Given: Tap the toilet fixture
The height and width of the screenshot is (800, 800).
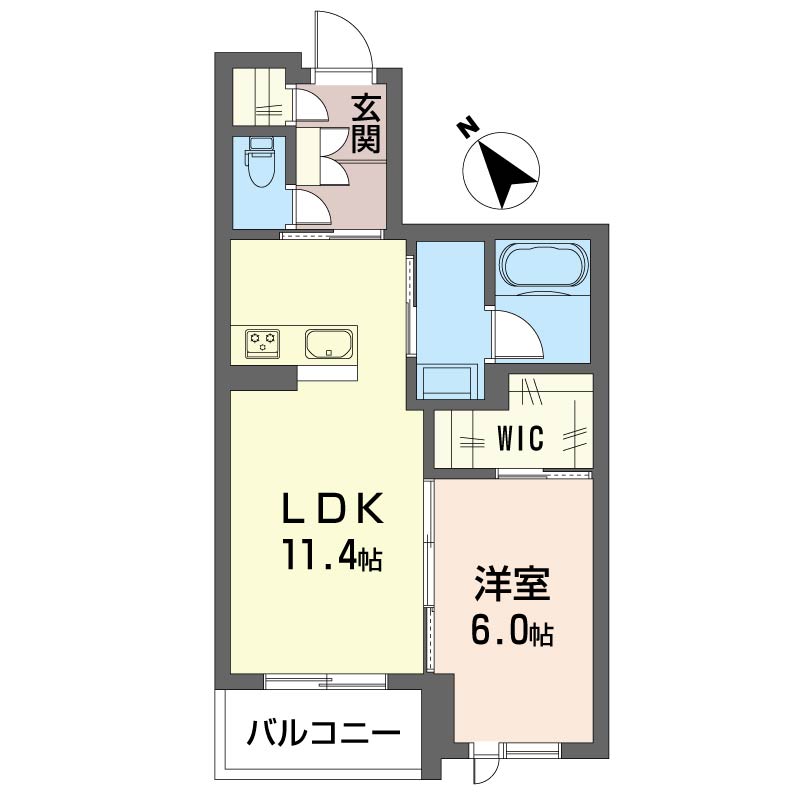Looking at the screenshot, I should tap(261, 170).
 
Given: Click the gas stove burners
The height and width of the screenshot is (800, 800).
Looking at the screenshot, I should tap(264, 344).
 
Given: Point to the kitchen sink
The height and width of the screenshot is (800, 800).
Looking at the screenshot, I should tap(327, 344).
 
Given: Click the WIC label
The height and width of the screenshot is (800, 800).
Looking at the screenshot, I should tap(520, 438).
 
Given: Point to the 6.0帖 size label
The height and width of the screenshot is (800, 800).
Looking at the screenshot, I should tap(513, 632).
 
